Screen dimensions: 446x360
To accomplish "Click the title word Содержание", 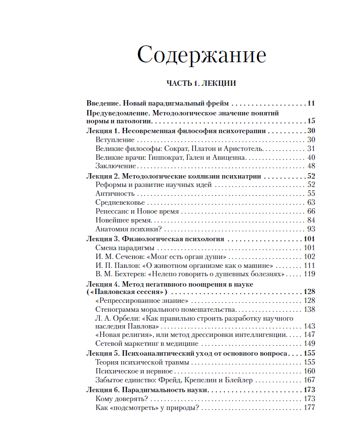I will [202, 55].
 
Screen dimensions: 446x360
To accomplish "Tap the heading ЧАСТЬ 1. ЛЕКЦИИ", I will [201, 83].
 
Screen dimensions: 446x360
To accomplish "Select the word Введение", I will [102, 104].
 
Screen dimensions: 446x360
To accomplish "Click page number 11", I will [311, 104].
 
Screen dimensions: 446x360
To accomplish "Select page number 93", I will [311, 229].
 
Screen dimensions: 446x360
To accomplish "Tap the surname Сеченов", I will [128, 257].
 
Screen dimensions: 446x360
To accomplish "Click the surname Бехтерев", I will [130, 274].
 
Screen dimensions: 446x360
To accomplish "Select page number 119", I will [309, 274].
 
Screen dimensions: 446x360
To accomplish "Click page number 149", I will [309, 343].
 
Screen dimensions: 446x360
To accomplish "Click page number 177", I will [309, 408].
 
